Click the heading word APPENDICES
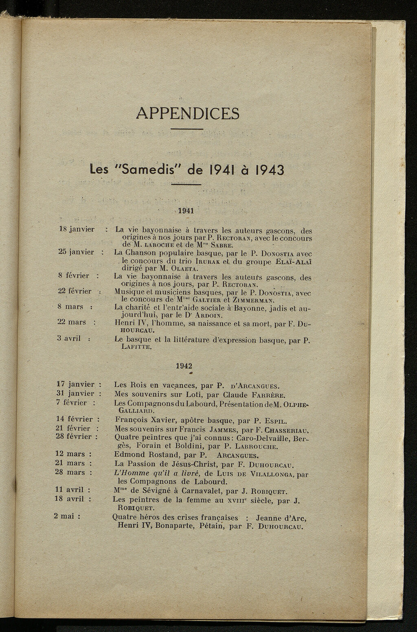(x=188, y=113)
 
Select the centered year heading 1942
(x=184, y=365)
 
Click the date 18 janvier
(x=77, y=229)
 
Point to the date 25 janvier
(x=76, y=252)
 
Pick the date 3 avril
(x=69, y=338)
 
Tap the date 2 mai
(x=67, y=516)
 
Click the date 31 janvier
(x=75, y=394)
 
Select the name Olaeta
(x=185, y=269)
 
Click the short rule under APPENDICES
(x=187, y=129)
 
